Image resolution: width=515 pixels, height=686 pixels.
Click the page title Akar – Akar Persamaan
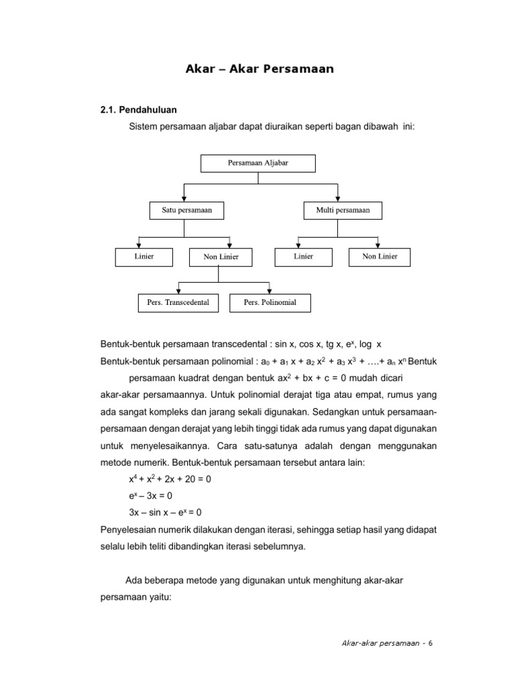pos(259,69)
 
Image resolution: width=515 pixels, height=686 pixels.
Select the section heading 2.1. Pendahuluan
pos(138,109)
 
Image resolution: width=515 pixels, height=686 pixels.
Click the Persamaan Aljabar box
pos(258,162)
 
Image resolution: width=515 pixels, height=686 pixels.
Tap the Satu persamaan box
pos(186,210)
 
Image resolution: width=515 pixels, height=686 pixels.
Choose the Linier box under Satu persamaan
pos(144,257)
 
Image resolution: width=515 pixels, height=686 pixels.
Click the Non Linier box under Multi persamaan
pos(380,257)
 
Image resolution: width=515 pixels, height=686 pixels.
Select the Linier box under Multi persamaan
pos(303,257)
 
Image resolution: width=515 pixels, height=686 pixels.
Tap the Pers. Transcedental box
pos(178,303)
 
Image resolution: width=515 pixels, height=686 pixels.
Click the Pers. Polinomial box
pos(270,303)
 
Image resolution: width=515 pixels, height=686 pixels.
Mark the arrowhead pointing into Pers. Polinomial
pos(268,290)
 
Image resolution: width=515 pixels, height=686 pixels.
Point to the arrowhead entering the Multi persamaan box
pos(337,198)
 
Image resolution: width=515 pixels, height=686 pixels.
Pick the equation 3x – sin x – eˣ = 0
pos(165,514)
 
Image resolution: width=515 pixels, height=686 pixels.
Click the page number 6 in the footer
pos(431,643)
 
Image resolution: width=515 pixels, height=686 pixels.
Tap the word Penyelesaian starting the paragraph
pos(125,530)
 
